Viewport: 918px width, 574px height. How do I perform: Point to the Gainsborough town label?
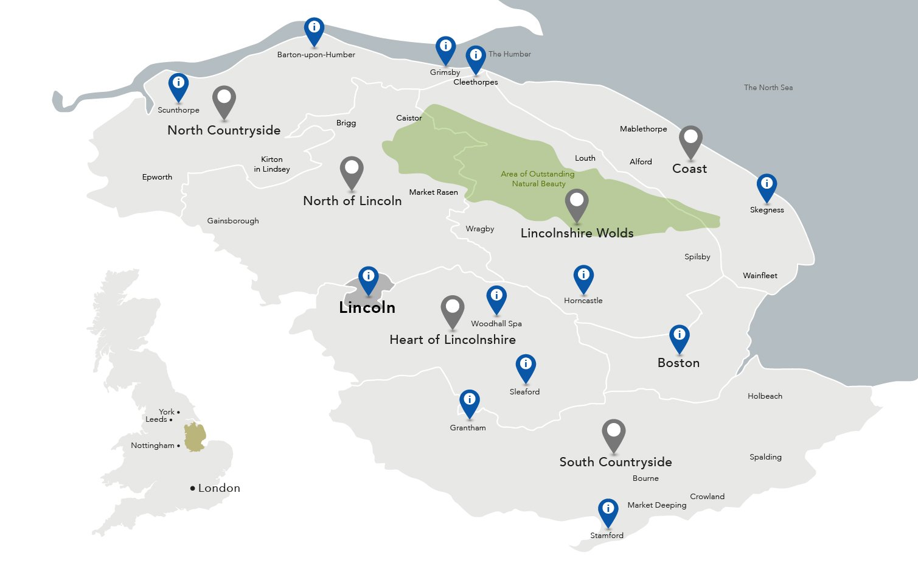tap(233, 221)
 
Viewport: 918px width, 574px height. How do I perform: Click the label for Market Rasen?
tap(433, 192)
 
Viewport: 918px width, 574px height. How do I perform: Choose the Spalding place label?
tap(765, 457)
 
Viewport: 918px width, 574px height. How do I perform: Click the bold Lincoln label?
tap(367, 308)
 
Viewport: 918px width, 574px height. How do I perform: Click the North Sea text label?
tap(768, 88)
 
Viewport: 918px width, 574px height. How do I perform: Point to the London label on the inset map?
tap(219, 488)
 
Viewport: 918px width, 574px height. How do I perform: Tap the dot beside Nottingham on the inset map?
tap(178, 446)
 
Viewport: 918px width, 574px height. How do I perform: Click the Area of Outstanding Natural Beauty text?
tap(538, 178)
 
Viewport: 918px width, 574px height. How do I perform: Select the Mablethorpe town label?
tap(643, 129)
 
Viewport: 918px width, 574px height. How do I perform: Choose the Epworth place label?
tap(157, 177)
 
